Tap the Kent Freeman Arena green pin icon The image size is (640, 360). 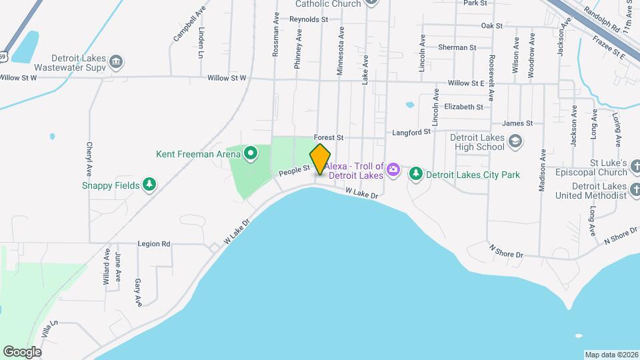click(x=251, y=155)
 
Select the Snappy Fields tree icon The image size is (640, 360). click(x=150, y=185)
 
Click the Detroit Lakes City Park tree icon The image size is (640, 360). click(x=416, y=173)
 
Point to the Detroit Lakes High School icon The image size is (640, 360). click(x=515, y=141)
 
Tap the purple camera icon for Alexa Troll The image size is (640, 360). click(x=393, y=169)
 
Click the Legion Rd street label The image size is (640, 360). click(x=154, y=244)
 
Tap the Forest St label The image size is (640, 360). click(x=329, y=137)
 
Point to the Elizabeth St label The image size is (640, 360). click(x=463, y=107)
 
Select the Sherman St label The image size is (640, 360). click(x=457, y=48)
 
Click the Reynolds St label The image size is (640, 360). click(x=309, y=20)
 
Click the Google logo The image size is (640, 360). click(x=22, y=351)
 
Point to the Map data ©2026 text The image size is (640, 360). click(x=611, y=355)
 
